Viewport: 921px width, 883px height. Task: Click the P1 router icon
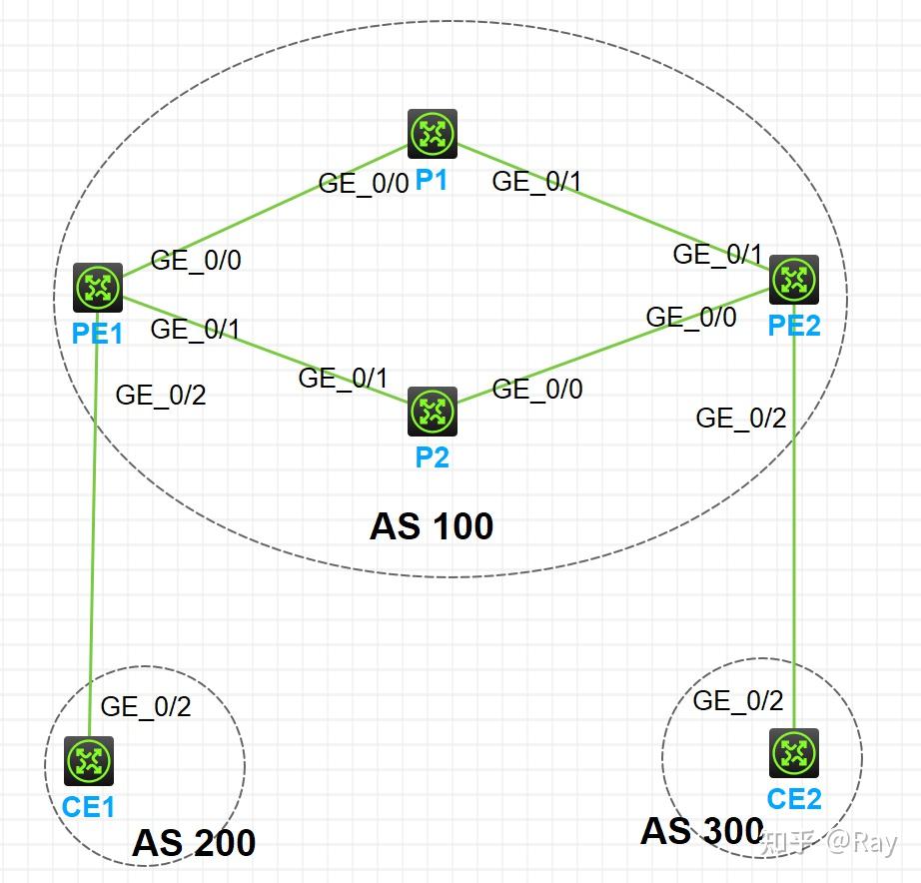click(433, 134)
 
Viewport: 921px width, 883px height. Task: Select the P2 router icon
click(433, 412)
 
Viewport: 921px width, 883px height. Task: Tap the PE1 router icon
click(98, 288)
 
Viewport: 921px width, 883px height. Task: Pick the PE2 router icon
click(794, 280)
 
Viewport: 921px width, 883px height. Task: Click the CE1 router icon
click(89, 761)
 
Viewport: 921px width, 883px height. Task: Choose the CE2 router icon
click(794, 753)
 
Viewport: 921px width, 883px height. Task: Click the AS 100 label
click(432, 526)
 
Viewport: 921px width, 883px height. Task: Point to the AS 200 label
click(194, 843)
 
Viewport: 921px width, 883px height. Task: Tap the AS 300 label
click(702, 831)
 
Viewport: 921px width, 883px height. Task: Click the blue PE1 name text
click(97, 334)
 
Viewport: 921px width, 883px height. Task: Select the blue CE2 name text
click(794, 799)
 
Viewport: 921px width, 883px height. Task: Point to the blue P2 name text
click(433, 457)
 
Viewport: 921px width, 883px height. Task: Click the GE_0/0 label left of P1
click(363, 184)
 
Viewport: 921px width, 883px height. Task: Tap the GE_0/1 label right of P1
click(536, 182)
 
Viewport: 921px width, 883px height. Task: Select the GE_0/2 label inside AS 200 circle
click(146, 707)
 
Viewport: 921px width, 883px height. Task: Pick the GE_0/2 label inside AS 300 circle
click(738, 701)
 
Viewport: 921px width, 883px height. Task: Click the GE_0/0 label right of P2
click(537, 389)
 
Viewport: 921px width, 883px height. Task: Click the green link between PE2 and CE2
click(794, 516)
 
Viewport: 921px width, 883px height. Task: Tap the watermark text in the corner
click(829, 842)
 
